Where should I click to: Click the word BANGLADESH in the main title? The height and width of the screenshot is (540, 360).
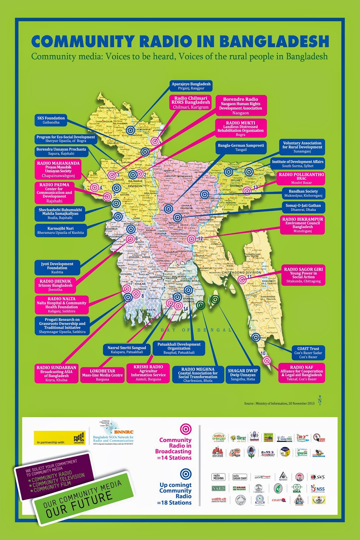point(274,42)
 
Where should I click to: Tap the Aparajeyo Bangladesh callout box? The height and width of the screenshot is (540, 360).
point(191,86)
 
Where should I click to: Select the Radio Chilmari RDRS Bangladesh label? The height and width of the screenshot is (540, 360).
point(190,103)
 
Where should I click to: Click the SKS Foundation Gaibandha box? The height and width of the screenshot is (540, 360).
point(51,120)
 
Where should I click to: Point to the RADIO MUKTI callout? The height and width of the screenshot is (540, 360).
point(240,128)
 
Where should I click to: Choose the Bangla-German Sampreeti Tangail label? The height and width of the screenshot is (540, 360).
point(241,147)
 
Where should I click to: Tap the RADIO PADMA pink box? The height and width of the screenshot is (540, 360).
point(54,193)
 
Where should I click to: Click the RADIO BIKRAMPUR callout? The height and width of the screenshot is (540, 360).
point(303,225)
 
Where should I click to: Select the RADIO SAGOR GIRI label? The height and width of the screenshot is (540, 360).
point(303,275)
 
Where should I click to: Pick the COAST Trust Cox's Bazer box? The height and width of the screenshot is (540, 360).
point(308,353)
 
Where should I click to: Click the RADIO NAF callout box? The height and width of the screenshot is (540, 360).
point(302,373)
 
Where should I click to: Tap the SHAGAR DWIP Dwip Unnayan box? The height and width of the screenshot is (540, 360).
point(242,375)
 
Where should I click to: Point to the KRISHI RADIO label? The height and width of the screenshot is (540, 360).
point(148,373)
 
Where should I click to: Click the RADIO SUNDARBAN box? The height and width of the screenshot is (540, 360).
point(56,373)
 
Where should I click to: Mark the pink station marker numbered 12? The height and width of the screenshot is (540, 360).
point(191,239)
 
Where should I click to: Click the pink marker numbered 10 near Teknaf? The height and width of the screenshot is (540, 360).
point(267,361)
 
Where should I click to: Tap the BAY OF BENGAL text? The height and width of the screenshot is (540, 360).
point(196,330)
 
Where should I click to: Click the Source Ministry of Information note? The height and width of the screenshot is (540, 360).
point(279,403)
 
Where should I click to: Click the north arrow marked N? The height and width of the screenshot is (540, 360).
point(319,399)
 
